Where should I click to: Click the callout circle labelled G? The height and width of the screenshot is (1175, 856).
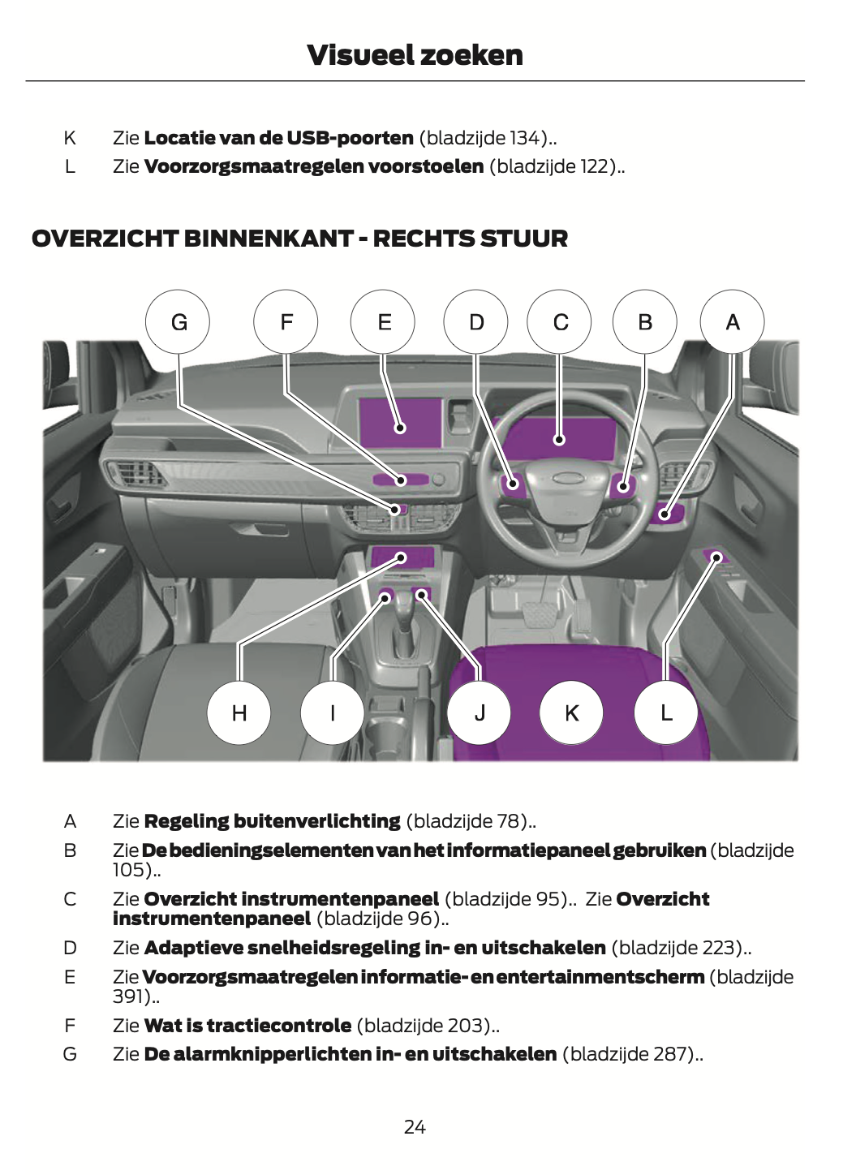[178, 322]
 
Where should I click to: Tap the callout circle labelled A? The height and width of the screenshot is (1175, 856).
[732, 322]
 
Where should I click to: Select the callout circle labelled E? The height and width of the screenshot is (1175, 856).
[383, 322]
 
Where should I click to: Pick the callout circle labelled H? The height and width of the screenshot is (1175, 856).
[239, 712]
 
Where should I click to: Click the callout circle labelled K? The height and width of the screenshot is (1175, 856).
[571, 712]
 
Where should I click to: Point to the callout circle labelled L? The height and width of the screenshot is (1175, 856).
[666, 712]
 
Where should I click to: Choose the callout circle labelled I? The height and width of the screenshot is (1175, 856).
[332, 712]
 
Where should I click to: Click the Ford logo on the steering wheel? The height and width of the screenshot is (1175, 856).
[567, 478]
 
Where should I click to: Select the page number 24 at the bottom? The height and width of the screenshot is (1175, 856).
[415, 1126]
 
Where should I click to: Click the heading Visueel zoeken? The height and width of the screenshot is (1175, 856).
[415, 55]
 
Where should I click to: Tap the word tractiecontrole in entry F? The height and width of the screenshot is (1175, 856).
[278, 1026]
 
